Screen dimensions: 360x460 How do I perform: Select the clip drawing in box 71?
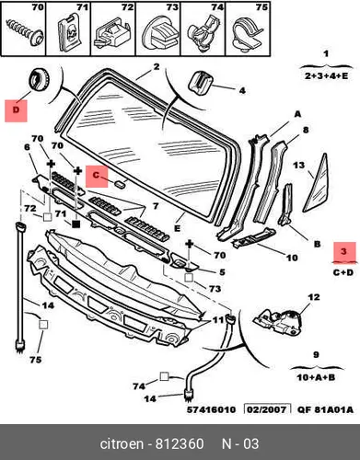click(68, 33)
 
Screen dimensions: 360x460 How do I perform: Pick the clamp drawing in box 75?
click(247, 33)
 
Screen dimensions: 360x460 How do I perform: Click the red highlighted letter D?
click(16, 110)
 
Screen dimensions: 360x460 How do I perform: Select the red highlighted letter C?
click(97, 177)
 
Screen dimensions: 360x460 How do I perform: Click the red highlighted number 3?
click(343, 252)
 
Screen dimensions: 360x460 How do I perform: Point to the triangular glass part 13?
click(314, 183)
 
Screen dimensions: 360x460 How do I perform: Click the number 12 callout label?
click(314, 297)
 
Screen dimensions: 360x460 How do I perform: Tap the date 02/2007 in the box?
click(268, 409)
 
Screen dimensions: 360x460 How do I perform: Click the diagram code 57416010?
click(212, 409)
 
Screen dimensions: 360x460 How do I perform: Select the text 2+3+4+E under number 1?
click(326, 75)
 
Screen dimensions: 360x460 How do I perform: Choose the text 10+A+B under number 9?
click(316, 377)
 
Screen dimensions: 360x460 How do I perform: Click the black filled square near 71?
click(75, 224)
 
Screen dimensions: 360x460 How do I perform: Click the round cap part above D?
click(40, 79)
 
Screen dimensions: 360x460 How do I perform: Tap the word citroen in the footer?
click(122, 444)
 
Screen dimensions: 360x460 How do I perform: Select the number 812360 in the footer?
click(180, 444)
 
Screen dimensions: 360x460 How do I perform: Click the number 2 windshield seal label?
click(157, 66)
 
